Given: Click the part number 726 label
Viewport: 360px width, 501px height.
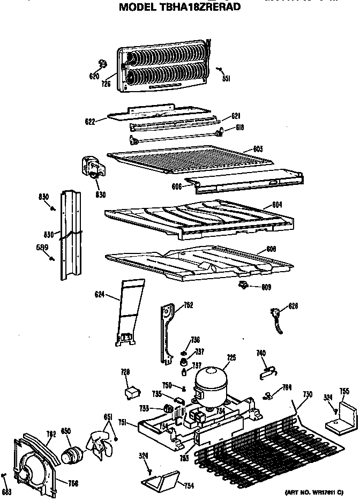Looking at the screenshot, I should [106, 84].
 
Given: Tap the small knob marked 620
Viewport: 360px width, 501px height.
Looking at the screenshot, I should [104, 64].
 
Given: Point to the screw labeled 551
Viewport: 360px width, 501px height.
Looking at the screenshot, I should [219, 70].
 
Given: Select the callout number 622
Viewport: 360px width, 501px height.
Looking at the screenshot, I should [89, 122].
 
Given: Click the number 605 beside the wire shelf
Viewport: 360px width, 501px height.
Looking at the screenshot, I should [258, 148].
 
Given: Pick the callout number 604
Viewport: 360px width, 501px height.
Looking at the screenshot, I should [276, 205].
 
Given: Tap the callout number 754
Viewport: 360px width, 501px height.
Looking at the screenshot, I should [189, 486].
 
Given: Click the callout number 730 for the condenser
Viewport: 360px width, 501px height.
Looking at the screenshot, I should [307, 394].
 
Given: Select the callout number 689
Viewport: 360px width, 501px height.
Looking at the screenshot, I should [42, 247].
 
